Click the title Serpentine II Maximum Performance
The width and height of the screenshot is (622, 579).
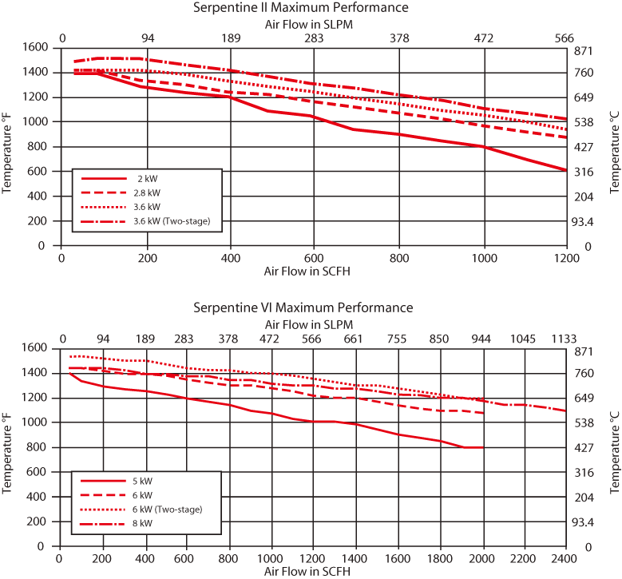300,8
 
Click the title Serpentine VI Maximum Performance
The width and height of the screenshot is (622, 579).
303,307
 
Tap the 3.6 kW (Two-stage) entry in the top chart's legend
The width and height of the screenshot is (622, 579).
172,221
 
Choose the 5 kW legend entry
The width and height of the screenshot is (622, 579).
142,481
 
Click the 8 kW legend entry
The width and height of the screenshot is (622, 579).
142,523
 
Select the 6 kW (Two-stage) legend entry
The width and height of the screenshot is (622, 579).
167,510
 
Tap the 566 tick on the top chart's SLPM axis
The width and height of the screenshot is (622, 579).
565,37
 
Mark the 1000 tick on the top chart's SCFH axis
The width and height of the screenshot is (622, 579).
483,258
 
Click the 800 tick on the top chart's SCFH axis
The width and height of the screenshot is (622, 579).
399,258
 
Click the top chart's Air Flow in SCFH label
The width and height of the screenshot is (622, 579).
307,271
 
